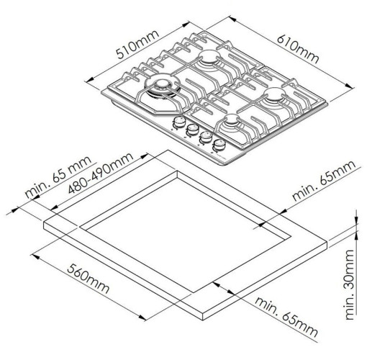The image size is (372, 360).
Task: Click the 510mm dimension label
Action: click(137, 45)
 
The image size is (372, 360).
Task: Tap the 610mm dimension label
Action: click(298, 49)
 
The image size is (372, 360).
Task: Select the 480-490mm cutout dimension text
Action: click(101, 172)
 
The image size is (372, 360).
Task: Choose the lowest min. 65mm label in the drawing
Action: click(286, 317)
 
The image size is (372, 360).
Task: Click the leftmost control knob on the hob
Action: click(178, 122)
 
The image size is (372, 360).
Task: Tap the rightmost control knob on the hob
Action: click(219, 145)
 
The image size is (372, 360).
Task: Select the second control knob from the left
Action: click(192, 130)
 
